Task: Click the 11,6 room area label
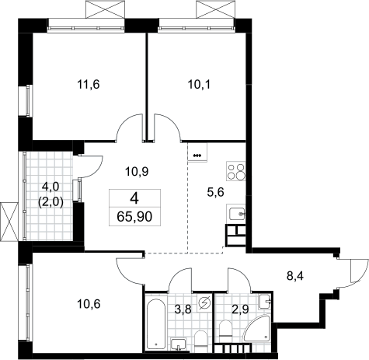click(x=89, y=85)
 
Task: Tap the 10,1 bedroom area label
click(x=199, y=85)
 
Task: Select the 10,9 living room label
click(x=137, y=171)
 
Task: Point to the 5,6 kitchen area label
click(x=215, y=192)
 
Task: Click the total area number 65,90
click(x=134, y=216)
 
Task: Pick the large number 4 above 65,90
click(x=134, y=199)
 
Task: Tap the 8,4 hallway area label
click(x=295, y=276)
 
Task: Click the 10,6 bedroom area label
click(x=89, y=304)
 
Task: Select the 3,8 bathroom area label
click(x=183, y=309)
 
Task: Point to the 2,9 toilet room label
click(x=241, y=309)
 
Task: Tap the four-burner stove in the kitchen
click(x=236, y=171)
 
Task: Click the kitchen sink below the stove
click(x=236, y=214)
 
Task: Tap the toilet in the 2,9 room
click(x=225, y=329)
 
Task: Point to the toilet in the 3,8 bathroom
click(x=200, y=339)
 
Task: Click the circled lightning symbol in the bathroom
click(x=204, y=302)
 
